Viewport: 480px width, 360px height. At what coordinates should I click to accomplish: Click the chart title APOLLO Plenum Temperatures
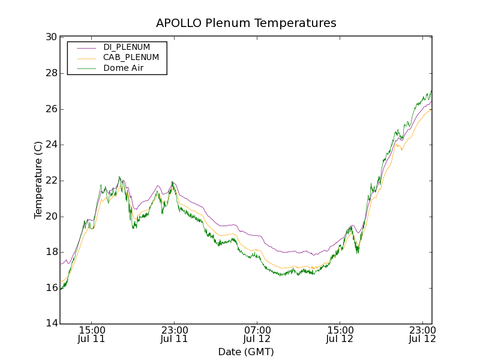[246, 23]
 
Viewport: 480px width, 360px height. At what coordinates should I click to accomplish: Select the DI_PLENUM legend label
[127, 47]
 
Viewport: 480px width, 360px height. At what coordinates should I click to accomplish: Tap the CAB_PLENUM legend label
[131, 58]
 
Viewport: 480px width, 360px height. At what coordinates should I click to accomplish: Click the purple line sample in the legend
[86, 47]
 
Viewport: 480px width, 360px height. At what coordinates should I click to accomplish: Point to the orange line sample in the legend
[86, 58]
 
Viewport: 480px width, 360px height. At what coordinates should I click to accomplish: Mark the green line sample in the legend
[86, 68]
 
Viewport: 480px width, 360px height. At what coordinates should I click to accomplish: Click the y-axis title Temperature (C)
[38, 180]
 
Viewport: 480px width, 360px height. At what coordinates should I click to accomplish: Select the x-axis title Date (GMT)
[246, 352]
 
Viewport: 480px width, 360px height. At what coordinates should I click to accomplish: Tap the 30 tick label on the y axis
[51, 37]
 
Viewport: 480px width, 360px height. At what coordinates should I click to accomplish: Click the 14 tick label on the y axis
[51, 324]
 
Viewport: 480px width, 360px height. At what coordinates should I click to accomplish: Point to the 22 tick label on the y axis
[51, 181]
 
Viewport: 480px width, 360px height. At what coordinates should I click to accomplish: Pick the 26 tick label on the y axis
[51, 109]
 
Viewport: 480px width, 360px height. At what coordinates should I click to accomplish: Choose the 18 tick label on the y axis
[51, 253]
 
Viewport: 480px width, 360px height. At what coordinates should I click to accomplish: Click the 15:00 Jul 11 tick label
[92, 335]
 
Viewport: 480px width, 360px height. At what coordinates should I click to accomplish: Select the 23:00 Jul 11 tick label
[175, 335]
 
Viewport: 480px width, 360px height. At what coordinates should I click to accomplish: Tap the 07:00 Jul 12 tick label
[257, 335]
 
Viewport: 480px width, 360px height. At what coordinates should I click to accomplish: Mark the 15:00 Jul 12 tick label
[340, 335]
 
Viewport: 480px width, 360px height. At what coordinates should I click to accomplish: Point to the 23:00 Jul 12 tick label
[422, 335]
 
